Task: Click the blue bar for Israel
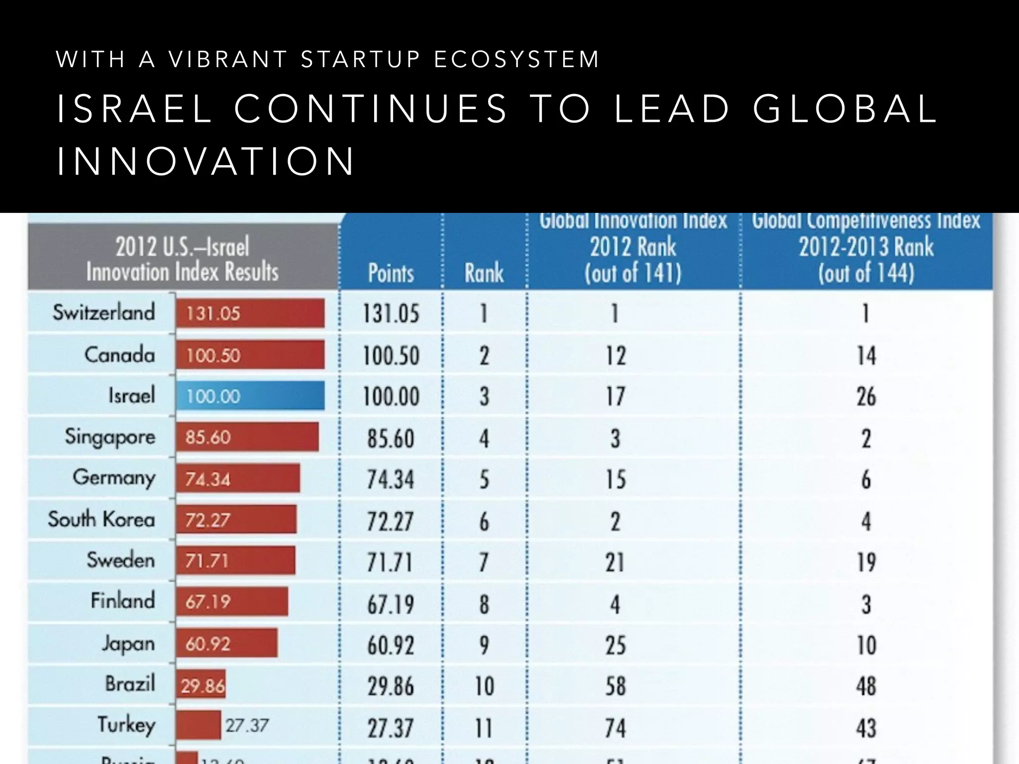(x=250, y=396)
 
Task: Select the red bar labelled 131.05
(x=250, y=313)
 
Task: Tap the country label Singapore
(x=110, y=437)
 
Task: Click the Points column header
(x=391, y=273)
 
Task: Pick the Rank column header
(x=484, y=273)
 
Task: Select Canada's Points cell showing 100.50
(x=391, y=356)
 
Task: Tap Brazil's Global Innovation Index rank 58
(x=615, y=686)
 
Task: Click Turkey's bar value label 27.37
(x=247, y=725)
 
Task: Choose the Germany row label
(x=114, y=478)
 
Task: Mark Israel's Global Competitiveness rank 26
(x=866, y=397)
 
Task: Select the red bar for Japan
(x=226, y=643)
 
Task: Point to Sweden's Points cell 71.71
(x=391, y=563)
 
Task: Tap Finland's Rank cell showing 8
(x=484, y=604)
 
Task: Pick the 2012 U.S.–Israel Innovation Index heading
(x=182, y=259)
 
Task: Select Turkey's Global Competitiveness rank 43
(x=866, y=728)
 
